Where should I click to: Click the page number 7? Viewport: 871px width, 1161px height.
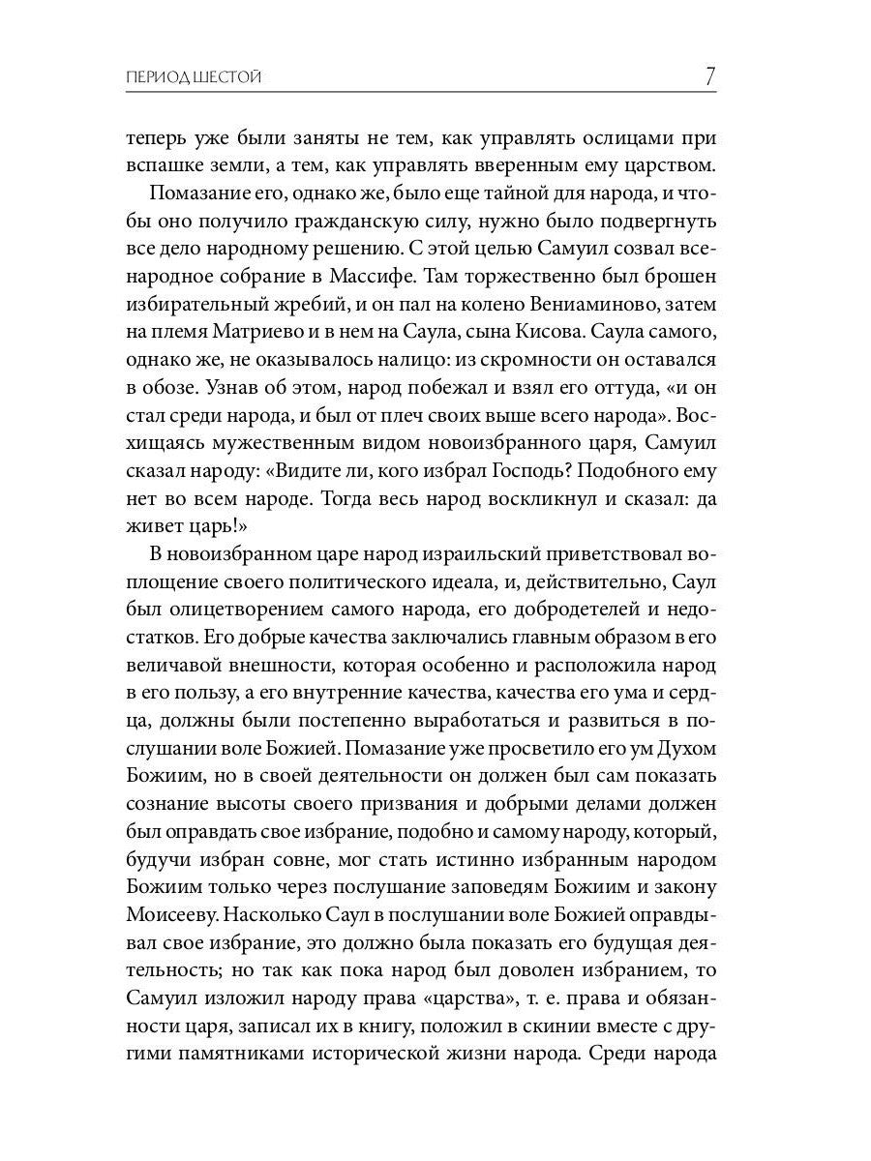709,75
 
